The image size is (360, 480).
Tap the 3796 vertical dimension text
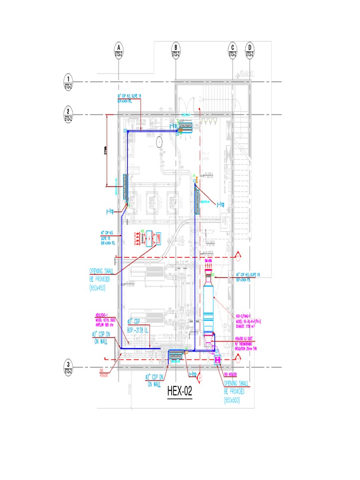click(x=106, y=151)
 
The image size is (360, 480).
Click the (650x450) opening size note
click(x=97, y=288)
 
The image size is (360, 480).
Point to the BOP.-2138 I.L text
click(x=138, y=330)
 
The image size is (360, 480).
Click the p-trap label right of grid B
click(x=221, y=204)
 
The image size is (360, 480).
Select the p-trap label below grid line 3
click(x=192, y=374)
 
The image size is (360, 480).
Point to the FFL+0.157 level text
click(x=247, y=73)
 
